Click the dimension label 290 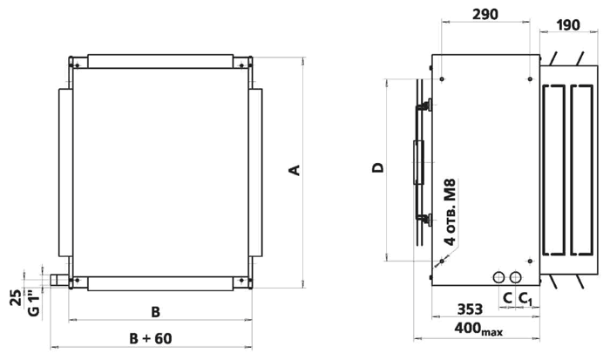click(x=485, y=15)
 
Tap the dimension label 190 click(x=568, y=25)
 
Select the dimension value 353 click(x=470, y=309)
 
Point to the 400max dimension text click(x=478, y=329)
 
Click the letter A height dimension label click(x=295, y=170)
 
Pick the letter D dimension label click(x=378, y=167)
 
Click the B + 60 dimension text click(x=151, y=338)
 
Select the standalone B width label click(x=155, y=312)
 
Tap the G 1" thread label click(x=34, y=305)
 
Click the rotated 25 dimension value click(x=17, y=298)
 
